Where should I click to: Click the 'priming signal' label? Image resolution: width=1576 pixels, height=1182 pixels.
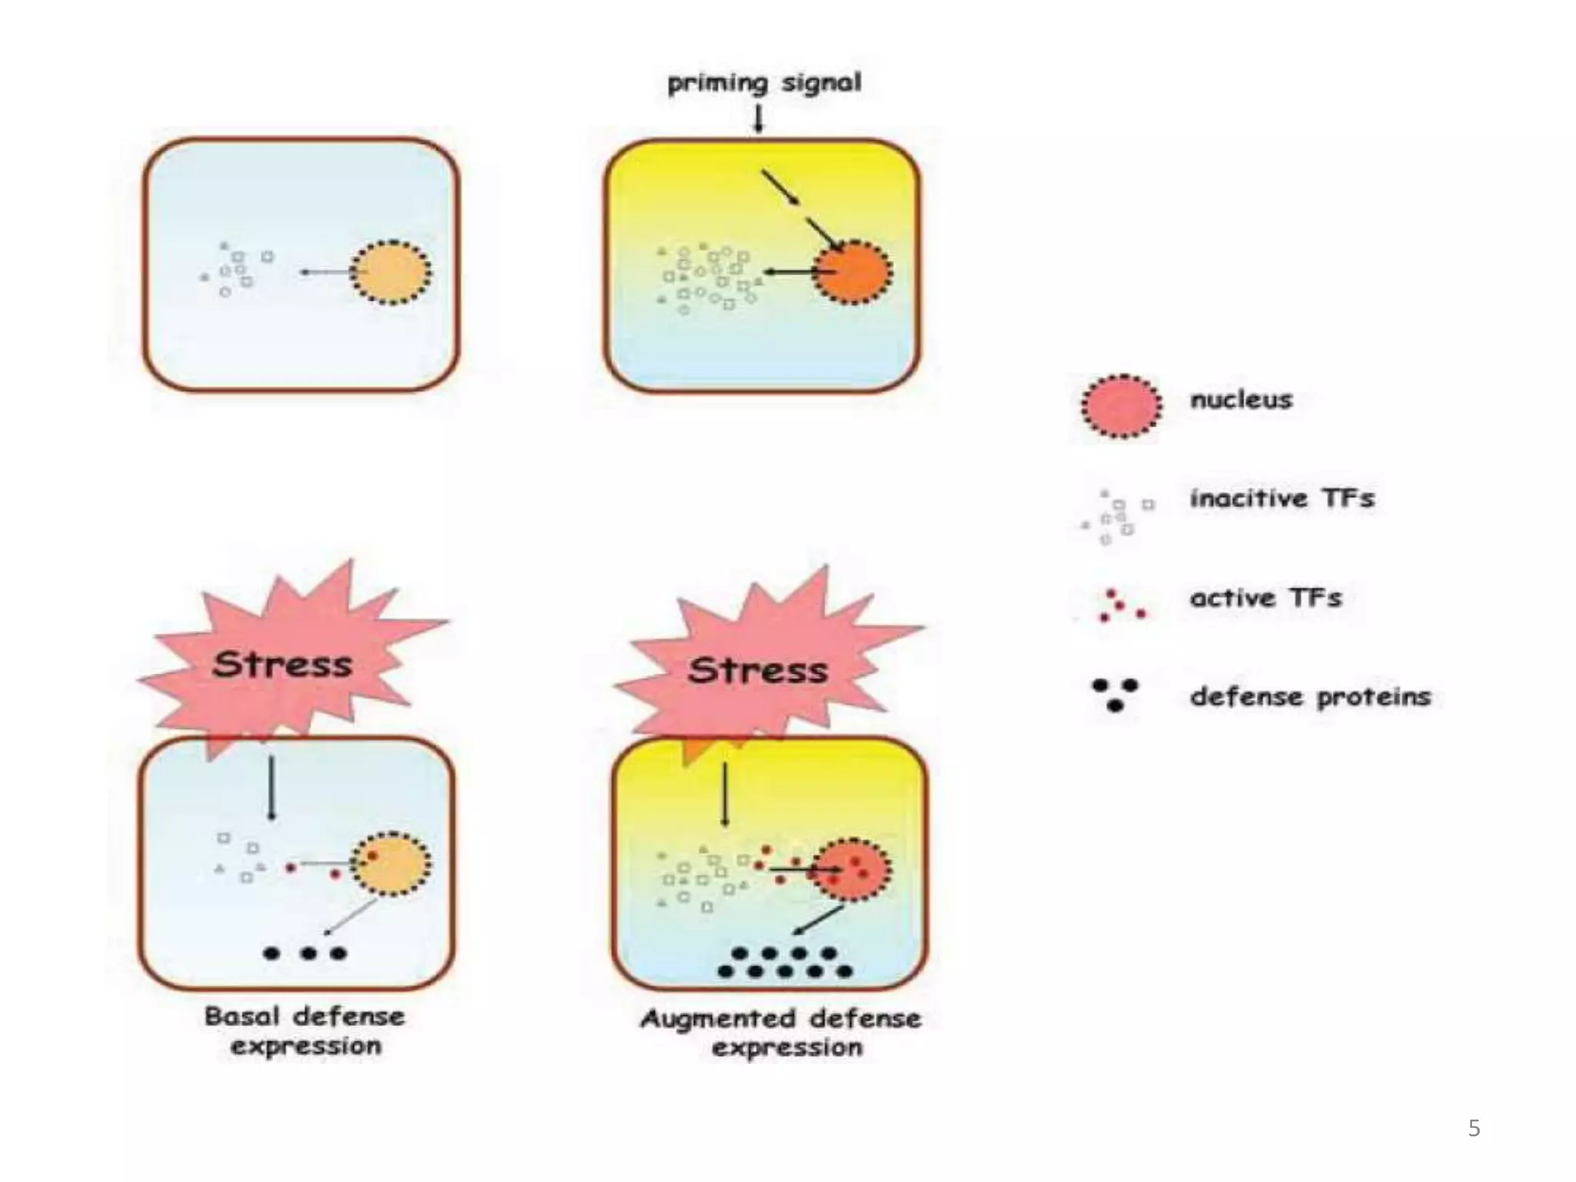pyautogui.click(x=763, y=83)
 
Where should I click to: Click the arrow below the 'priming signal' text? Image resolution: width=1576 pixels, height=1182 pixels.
pyautogui.click(x=759, y=119)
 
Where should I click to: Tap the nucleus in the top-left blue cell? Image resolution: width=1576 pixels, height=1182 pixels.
pyautogui.click(x=391, y=272)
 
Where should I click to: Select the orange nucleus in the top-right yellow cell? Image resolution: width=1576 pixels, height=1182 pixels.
pyautogui.click(x=852, y=272)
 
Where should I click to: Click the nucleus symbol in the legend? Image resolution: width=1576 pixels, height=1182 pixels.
pyautogui.click(x=1121, y=406)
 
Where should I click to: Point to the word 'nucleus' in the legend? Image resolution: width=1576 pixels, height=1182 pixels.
pyautogui.click(x=1241, y=399)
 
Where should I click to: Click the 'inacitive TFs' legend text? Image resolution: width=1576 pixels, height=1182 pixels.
pyautogui.click(x=1282, y=499)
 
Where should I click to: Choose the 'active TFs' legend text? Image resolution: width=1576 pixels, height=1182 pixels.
pyautogui.click(x=1266, y=598)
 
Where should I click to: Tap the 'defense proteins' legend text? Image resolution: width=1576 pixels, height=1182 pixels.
pyautogui.click(x=1310, y=697)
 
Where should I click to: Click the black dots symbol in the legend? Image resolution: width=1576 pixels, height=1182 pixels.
pyautogui.click(x=1115, y=694)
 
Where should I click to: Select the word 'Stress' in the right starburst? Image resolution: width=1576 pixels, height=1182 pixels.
pyautogui.click(x=758, y=670)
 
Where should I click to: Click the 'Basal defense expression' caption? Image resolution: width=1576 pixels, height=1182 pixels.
pyautogui.click(x=305, y=1031)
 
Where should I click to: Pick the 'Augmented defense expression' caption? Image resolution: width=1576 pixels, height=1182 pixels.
pyautogui.click(x=781, y=1033)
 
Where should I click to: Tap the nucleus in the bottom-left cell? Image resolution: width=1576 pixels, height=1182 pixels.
pyautogui.click(x=391, y=864)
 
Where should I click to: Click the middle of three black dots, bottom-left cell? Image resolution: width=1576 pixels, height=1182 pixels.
pyautogui.click(x=309, y=953)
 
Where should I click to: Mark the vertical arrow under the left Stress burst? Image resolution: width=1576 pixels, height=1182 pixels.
pyautogui.click(x=271, y=788)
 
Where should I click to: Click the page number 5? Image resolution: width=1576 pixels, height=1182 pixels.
pyautogui.click(x=1474, y=1128)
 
